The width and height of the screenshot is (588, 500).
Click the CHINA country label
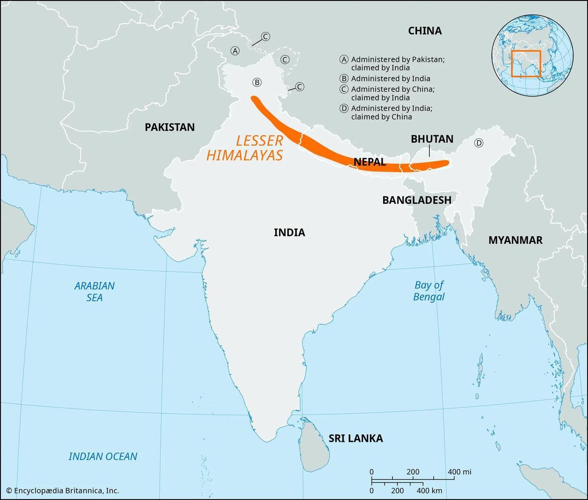(x=425, y=31)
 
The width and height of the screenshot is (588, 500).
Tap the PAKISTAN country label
(x=170, y=127)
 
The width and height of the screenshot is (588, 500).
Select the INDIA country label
(x=289, y=232)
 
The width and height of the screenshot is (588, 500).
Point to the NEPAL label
(x=369, y=162)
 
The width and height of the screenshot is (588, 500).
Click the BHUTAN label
(x=432, y=139)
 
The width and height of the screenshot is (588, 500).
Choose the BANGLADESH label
(x=416, y=200)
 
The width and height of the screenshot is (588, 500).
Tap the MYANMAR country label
(x=515, y=240)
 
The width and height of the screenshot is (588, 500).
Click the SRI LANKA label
(x=355, y=438)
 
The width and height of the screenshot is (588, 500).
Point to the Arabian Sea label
(x=95, y=291)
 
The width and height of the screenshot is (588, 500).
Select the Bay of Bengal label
(x=429, y=291)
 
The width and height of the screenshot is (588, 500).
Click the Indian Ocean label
(x=103, y=456)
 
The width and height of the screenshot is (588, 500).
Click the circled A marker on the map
(x=236, y=51)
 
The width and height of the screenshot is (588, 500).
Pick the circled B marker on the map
(x=257, y=82)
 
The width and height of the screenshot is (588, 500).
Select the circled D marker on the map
(x=479, y=143)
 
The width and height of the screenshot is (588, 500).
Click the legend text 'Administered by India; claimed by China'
(x=391, y=112)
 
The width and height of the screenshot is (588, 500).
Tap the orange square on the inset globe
(x=526, y=63)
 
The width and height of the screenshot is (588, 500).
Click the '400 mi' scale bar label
(x=459, y=472)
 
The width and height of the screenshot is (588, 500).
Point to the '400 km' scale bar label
(x=429, y=490)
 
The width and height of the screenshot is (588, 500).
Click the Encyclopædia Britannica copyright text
(x=62, y=490)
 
